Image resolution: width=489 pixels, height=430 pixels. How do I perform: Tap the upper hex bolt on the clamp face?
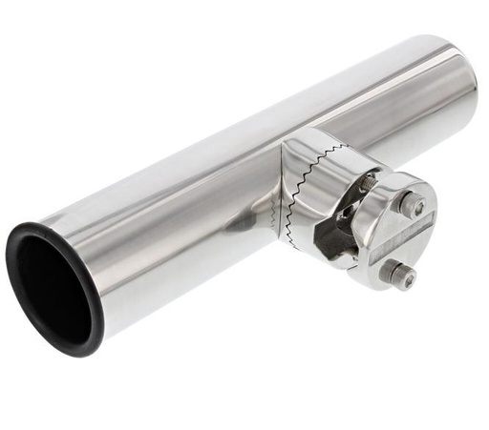point(414,205)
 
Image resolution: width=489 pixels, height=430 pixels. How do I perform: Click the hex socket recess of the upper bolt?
point(416,205)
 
